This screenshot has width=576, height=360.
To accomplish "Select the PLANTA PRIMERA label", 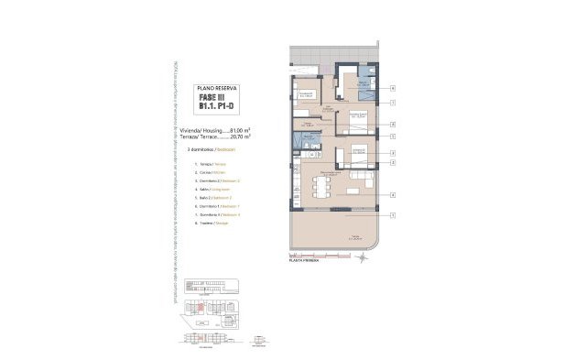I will click(308, 260).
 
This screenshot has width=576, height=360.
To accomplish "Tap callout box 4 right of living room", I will click(392, 194).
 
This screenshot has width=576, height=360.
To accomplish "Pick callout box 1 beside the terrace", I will click(392, 215).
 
